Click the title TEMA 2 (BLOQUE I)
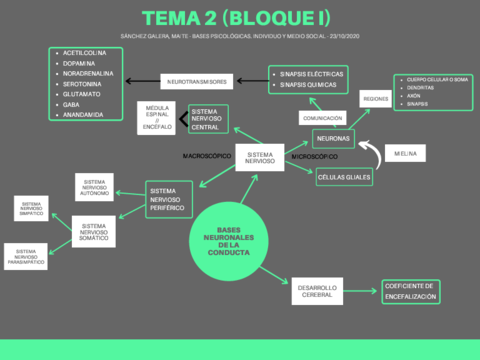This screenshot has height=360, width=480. click(x=239, y=17)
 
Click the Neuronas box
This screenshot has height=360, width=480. click(x=332, y=137)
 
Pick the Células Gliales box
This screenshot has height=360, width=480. click(x=343, y=177)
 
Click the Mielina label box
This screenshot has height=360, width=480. click(x=406, y=153)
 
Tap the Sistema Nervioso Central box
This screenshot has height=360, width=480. click(x=208, y=120)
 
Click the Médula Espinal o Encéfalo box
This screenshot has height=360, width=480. click(x=158, y=118)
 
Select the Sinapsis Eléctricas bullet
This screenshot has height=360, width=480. click(x=313, y=74)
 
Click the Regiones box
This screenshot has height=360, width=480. click(x=375, y=99)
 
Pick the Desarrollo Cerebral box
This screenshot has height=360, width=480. click(x=318, y=292)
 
